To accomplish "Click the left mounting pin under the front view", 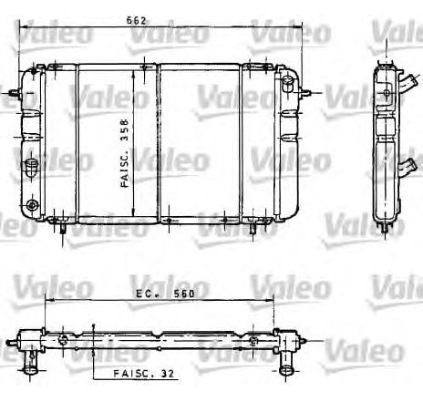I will (x=62, y=231).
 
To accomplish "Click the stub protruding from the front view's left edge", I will (x=10, y=92).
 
